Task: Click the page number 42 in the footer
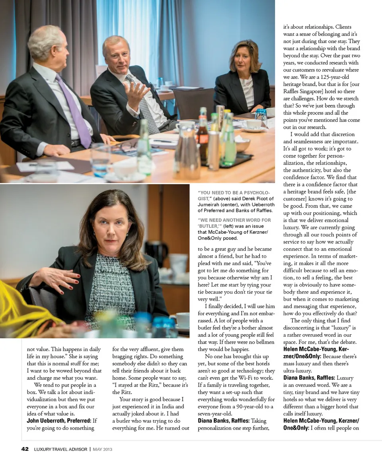[x=25, y=449]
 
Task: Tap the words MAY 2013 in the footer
[x=103, y=449]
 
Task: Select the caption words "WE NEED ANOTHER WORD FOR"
[x=234, y=220]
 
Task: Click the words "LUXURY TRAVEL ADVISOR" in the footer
[x=60, y=449]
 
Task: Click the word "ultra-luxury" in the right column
[x=298, y=371]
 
